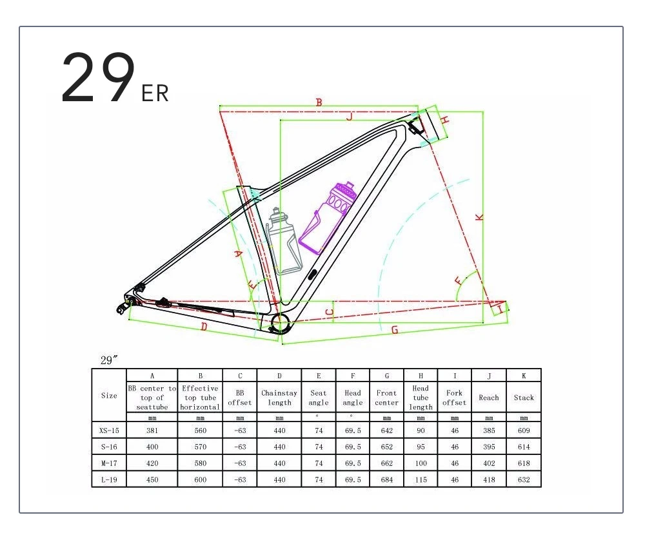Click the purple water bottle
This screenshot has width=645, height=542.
(x=330, y=217)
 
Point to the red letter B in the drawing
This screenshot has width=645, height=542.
(x=319, y=102)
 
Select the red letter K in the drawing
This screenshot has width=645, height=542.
(x=479, y=218)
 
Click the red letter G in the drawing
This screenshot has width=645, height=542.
(x=395, y=329)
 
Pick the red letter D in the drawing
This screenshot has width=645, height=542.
(x=204, y=327)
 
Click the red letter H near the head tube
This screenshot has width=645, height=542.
(x=445, y=119)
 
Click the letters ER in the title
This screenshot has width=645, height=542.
(x=155, y=93)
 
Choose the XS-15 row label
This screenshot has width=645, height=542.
(x=109, y=430)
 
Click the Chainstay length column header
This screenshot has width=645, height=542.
(x=279, y=398)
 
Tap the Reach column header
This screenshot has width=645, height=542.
(x=489, y=398)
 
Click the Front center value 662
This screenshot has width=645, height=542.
(x=387, y=463)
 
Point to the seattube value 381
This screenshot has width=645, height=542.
(x=152, y=430)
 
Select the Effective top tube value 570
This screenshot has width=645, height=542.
(x=201, y=447)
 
